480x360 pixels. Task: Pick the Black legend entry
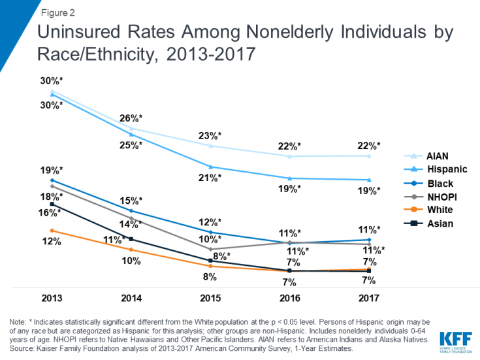tap(440, 184)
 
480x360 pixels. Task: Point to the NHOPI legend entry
tap(442, 197)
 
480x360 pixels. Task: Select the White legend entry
tap(440, 210)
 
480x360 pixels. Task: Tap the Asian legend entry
tap(440, 223)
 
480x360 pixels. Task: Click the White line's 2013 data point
tap(52, 231)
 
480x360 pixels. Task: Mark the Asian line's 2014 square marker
tap(131, 239)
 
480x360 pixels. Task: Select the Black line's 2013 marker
tap(52, 180)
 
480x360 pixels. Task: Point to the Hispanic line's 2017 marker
tap(369, 180)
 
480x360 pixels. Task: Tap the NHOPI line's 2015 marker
tap(210, 249)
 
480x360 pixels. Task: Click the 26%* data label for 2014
tap(131, 118)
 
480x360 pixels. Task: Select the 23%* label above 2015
tap(210, 136)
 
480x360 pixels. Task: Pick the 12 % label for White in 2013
tap(52, 242)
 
